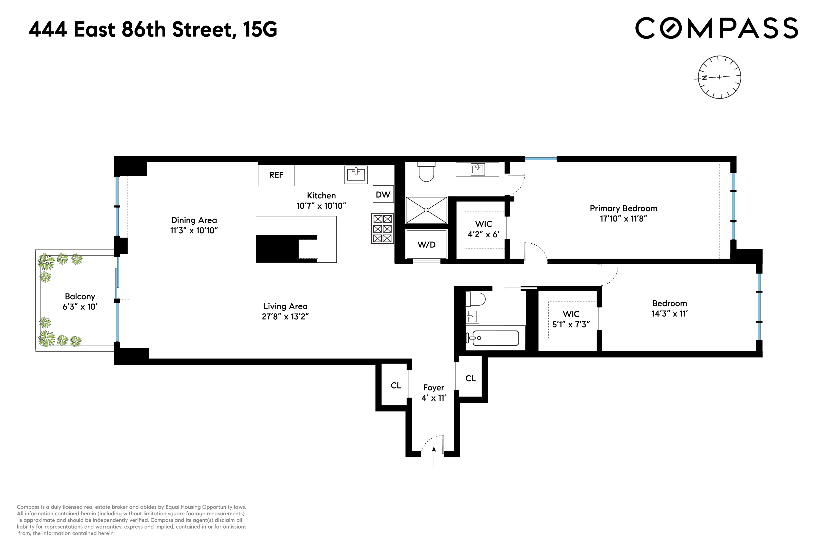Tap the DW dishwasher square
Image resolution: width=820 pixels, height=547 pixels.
click(x=383, y=194)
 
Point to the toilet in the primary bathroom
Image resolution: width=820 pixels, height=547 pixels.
click(x=426, y=172)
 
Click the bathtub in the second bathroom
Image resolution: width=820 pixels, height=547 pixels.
click(x=495, y=338)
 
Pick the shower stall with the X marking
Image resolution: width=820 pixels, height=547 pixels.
click(x=426, y=210)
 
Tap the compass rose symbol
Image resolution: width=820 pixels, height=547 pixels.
click(x=719, y=77)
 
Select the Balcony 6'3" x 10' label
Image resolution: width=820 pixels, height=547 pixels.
click(x=80, y=301)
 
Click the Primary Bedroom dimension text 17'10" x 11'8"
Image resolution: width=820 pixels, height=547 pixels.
click(x=623, y=219)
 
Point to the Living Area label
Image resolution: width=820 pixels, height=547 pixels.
click(x=285, y=306)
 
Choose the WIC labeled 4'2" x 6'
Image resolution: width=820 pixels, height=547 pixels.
click(x=484, y=229)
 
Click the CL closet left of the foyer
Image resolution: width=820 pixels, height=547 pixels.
click(x=396, y=385)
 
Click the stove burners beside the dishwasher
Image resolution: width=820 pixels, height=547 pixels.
click(x=383, y=228)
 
